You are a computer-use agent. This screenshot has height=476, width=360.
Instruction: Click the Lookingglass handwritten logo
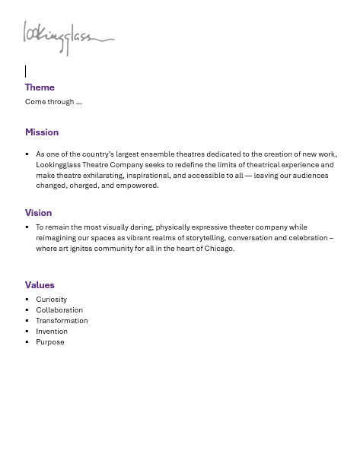[x=68, y=38]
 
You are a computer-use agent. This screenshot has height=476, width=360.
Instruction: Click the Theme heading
[x=40, y=87]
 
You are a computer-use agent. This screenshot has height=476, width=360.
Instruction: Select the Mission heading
[x=42, y=132]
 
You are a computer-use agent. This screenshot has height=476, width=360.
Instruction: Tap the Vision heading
[x=38, y=213]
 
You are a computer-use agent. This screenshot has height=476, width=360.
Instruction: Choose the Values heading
[x=40, y=285]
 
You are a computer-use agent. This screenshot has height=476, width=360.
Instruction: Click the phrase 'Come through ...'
[x=53, y=102]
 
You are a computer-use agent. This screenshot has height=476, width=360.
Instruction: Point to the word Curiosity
[x=51, y=300]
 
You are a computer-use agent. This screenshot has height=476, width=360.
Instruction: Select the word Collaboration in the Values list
[x=59, y=310]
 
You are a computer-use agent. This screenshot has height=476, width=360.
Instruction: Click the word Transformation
[x=62, y=321]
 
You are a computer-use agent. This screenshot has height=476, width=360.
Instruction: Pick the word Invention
[x=52, y=332]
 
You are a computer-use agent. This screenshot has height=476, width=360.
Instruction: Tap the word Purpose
[x=50, y=342]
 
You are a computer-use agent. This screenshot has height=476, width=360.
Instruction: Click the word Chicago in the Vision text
[x=218, y=249]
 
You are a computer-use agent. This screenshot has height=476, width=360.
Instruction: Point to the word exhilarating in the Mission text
[x=104, y=176]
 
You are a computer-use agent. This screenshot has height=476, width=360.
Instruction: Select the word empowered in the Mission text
[x=137, y=186]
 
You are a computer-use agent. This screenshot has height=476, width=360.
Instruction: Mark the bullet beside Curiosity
[x=27, y=300]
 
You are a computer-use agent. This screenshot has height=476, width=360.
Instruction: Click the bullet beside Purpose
[x=27, y=342]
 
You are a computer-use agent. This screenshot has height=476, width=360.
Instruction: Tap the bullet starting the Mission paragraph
[x=27, y=154]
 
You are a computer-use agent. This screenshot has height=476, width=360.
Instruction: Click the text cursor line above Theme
[x=25, y=71]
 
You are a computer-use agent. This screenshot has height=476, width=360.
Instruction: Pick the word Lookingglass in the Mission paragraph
[x=59, y=165]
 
